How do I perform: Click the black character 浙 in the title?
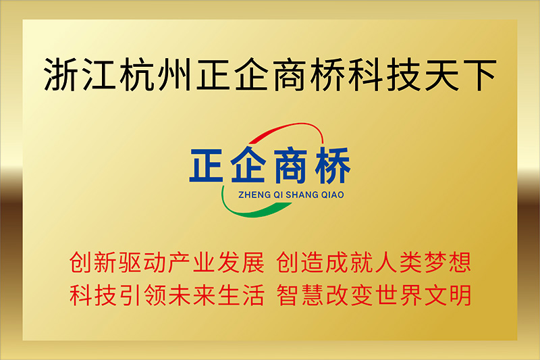click(61, 75)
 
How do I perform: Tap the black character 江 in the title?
click(99, 75)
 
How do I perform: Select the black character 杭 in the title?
click(138, 75)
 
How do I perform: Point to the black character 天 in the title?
click(442, 75)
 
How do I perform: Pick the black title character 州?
click(175, 75)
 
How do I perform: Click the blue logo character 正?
click(206, 165)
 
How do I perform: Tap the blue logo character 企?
click(248, 164)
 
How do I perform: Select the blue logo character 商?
click(290, 165)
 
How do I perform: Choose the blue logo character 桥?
click(332, 165)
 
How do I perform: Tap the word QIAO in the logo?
click(332, 195)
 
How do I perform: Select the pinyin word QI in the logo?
click(279, 195)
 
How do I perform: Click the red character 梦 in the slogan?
click(435, 263)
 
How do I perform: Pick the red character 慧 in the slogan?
click(313, 295)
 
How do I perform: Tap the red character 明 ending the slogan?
click(460, 295)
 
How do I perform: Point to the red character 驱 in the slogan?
click(130, 263)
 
